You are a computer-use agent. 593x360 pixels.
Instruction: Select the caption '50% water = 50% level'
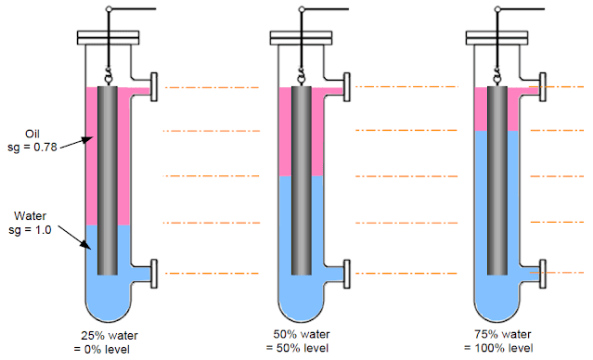[303, 342]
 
